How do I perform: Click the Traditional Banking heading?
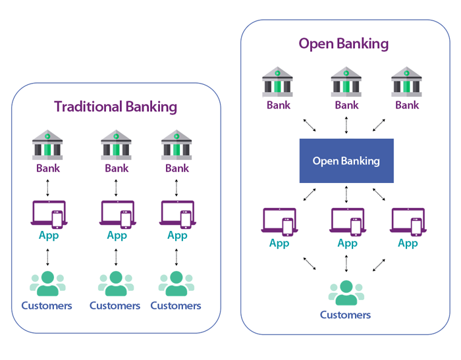[115, 107]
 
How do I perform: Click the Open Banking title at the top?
[343, 43]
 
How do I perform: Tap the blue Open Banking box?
[346, 161]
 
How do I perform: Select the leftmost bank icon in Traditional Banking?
[47, 145]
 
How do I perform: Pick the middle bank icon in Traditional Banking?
[116, 145]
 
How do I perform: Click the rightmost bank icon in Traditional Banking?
[176, 145]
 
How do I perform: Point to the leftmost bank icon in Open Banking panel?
[278, 82]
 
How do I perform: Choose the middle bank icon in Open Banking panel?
[346, 82]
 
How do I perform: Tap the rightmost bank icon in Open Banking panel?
[407, 82]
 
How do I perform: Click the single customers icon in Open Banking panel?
[346, 293]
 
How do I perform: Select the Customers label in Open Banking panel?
[346, 315]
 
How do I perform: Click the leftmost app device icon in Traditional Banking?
[47, 214]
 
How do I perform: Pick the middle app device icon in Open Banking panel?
[347, 222]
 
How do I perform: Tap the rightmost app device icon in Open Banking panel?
[408, 222]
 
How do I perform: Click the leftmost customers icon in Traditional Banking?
[47, 284]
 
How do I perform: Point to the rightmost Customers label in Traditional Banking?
[176, 305]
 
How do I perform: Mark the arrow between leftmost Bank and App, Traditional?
[47, 187]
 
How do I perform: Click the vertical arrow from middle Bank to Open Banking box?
[346, 125]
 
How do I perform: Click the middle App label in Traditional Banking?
[117, 235]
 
